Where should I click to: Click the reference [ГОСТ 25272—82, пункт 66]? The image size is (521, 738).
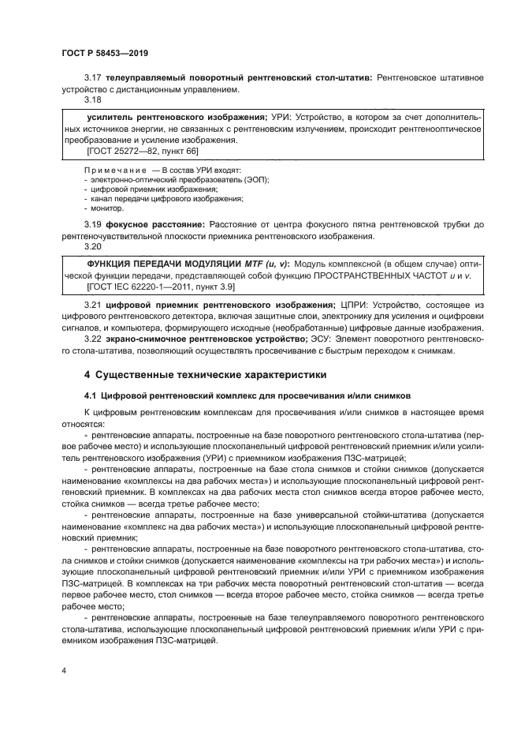click(x=132, y=150)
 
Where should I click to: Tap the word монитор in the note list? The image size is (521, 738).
click(x=106, y=208)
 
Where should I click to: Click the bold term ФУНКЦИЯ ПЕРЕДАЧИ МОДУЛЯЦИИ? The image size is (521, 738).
click(x=161, y=263)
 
